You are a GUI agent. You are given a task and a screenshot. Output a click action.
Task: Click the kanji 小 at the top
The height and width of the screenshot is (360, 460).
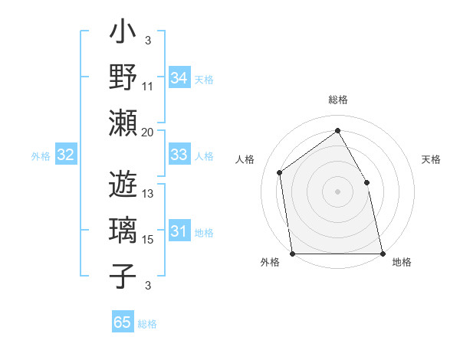click(x=123, y=34)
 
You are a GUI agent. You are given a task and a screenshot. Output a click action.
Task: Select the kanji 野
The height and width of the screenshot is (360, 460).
click(x=123, y=77)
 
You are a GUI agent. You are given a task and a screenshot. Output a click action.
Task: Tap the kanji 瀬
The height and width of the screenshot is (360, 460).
click(x=123, y=123)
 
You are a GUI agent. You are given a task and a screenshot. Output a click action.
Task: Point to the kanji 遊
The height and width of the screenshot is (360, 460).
click(x=123, y=185)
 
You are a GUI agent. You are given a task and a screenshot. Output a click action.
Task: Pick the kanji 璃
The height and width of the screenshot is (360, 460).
click(x=123, y=230)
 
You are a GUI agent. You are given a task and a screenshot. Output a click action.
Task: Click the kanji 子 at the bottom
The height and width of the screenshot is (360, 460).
click(x=123, y=276)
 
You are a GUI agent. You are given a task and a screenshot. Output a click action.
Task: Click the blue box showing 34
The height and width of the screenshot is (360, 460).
click(x=179, y=78)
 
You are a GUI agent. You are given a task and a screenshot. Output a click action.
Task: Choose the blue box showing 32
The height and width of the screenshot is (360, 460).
click(x=66, y=155)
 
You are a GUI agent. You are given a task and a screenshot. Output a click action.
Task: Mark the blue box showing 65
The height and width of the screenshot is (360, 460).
click(x=123, y=322)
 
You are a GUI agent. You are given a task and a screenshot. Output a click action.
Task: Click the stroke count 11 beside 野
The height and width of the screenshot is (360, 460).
click(x=148, y=86)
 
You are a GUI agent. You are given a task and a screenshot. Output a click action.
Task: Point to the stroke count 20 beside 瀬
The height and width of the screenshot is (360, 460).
click(x=148, y=132)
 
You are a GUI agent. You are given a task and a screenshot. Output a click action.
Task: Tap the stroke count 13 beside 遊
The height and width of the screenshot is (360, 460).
click(x=148, y=194)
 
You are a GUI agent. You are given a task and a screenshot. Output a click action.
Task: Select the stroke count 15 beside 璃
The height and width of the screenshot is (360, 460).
click(x=148, y=240)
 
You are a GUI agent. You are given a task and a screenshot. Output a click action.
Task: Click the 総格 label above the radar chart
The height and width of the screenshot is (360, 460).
click(x=337, y=100)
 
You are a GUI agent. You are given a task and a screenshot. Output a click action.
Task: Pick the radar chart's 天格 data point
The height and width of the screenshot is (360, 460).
click(x=366, y=183)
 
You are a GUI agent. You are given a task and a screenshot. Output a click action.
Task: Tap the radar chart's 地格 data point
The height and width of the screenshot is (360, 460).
click(x=382, y=254)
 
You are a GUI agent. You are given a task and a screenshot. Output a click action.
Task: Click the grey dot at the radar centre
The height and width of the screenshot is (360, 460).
click(x=337, y=191)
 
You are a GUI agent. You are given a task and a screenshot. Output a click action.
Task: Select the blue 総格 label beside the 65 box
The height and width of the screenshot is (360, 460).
click(x=147, y=324)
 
